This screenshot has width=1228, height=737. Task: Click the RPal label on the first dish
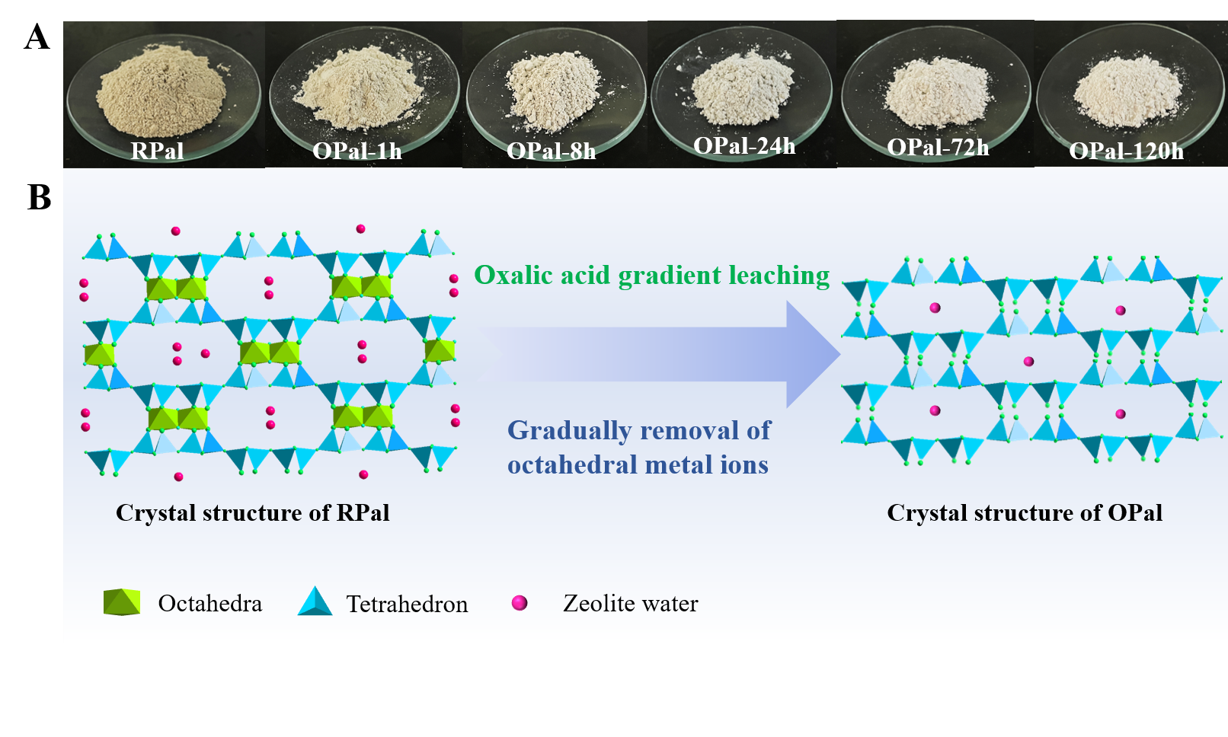pyautogui.click(x=157, y=151)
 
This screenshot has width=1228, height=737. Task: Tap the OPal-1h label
pyautogui.click(x=357, y=151)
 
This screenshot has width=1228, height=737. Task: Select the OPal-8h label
pyautogui.click(x=551, y=151)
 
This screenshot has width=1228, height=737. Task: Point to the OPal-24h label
pyautogui.click(x=744, y=145)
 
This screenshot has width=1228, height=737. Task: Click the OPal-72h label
pyautogui.click(x=938, y=147)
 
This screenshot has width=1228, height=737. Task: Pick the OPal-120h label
pyautogui.click(x=1126, y=151)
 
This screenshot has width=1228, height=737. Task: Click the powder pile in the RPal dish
pyautogui.click(x=161, y=91)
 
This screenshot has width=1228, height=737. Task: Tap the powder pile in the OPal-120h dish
pyautogui.click(x=1127, y=91)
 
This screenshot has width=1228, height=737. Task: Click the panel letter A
pyautogui.click(x=37, y=37)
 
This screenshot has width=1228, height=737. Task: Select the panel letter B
pyautogui.click(x=39, y=197)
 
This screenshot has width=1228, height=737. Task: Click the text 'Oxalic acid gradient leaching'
pyautogui.click(x=652, y=275)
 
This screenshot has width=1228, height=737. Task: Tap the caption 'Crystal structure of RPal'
pyautogui.click(x=253, y=513)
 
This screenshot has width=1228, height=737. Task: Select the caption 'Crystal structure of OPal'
pyautogui.click(x=1025, y=513)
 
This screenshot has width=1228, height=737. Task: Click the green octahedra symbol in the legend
pyautogui.click(x=122, y=602)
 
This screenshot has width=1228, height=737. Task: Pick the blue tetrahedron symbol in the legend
pyautogui.click(x=315, y=601)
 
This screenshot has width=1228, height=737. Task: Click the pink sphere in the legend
pyautogui.click(x=520, y=603)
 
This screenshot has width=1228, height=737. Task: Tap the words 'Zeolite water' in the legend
pyautogui.click(x=631, y=603)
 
